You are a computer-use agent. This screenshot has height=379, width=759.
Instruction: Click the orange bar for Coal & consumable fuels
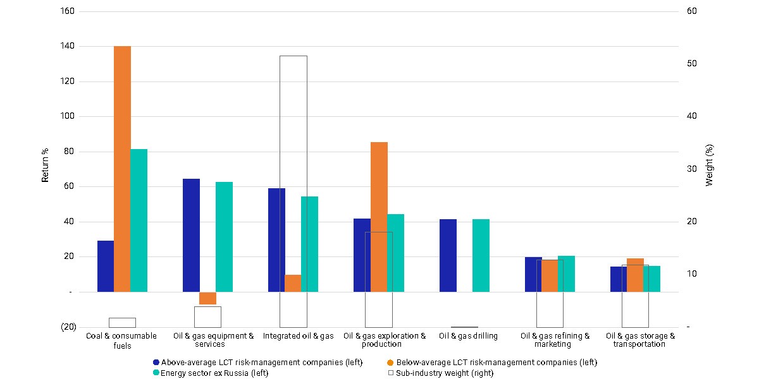click(x=122, y=169)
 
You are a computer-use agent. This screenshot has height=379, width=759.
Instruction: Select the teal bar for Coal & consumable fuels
click(x=139, y=220)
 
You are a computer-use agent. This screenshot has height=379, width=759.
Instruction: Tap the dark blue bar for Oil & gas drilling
click(x=448, y=255)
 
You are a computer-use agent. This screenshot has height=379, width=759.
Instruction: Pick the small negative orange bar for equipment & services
click(x=207, y=298)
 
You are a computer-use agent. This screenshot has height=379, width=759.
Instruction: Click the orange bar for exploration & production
click(x=379, y=217)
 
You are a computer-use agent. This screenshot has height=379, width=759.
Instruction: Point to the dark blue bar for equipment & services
click(x=192, y=235)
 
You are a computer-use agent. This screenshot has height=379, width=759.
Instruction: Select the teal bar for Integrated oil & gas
click(x=310, y=244)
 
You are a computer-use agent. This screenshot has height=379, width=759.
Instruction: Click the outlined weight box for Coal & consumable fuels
click(x=122, y=318)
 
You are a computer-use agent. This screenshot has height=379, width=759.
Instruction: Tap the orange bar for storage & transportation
click(x=635, y=275)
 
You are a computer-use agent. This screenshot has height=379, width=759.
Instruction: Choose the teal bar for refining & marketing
click(x=567, y=274)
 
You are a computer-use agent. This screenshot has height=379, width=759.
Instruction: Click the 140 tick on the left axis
click(x=68, y=45)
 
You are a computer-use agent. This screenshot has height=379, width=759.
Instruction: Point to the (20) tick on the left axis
click(x=68, y=327)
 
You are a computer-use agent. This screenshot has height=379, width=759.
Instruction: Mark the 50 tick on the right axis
click(x=692, y=63)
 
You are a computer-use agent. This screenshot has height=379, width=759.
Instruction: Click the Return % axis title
click(x=45, y=165)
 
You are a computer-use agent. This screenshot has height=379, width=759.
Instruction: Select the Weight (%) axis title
click(x=709, y=165)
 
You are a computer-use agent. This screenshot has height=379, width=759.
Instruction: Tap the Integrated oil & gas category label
click(x=298, y=336)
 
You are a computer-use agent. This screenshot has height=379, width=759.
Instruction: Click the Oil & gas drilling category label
click(x=468, y=336)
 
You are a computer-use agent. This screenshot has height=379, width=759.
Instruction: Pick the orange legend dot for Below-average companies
click(x=390, y=363)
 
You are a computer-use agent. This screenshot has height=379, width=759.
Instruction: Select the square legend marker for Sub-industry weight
click(x=391, y=373)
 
